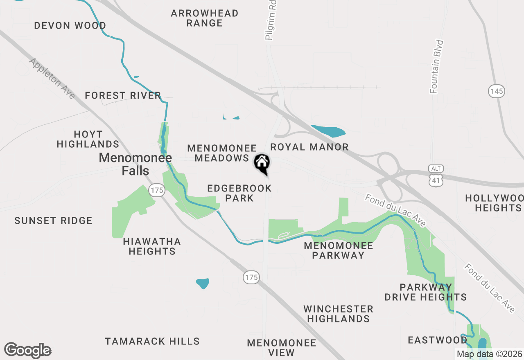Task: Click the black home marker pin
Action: click(262, 163)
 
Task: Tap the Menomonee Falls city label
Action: click(135, 164)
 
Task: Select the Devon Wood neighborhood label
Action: click(70, 25)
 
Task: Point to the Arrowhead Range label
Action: click(205, 18)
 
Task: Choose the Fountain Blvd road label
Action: click(437, 67)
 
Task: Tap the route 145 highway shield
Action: click(496, 91)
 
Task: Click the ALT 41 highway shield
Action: click(436, 176)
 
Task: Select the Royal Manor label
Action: click(309, 147)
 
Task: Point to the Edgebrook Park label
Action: click(239, 193)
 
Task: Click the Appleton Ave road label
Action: click(52, 78)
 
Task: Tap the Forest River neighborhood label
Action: click(123, 96)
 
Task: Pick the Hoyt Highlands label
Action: click(88, 139)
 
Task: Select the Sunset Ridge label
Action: click(53, 221)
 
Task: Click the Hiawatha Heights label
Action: click(152, 246)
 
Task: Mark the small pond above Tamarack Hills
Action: click(203, 283)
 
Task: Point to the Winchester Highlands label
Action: click(338, 313)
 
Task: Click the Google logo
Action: click(27, 351)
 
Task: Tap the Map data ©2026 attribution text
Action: click(489, 354)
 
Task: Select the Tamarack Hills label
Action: click(152, 341)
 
